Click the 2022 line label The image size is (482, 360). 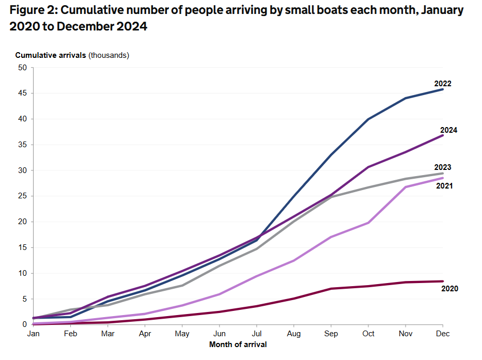[x=443, y=84]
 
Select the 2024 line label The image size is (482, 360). [x=448, y=130]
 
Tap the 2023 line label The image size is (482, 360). [x=443, y=167]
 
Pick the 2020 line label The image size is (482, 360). [x=449, y=289]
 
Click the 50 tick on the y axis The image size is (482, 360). [x=22, y=68]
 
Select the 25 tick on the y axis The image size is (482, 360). [x=22, y=196]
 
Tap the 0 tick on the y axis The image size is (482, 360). [x=24, y=324]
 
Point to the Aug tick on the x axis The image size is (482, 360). [x=293, y=334]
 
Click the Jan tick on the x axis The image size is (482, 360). [x=34, y=334]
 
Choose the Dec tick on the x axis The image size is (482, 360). [x=442, y=334]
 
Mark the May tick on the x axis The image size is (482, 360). [x=182, y=334]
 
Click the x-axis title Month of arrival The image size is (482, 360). [x=238, y=344]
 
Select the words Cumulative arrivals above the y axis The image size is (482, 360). [x=51, y=55]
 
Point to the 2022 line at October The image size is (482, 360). [x=368, y=119]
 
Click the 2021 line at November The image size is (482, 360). [x=405, y=187]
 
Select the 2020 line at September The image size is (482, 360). [x=331, y=288]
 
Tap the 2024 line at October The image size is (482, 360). [x=368, y=167]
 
